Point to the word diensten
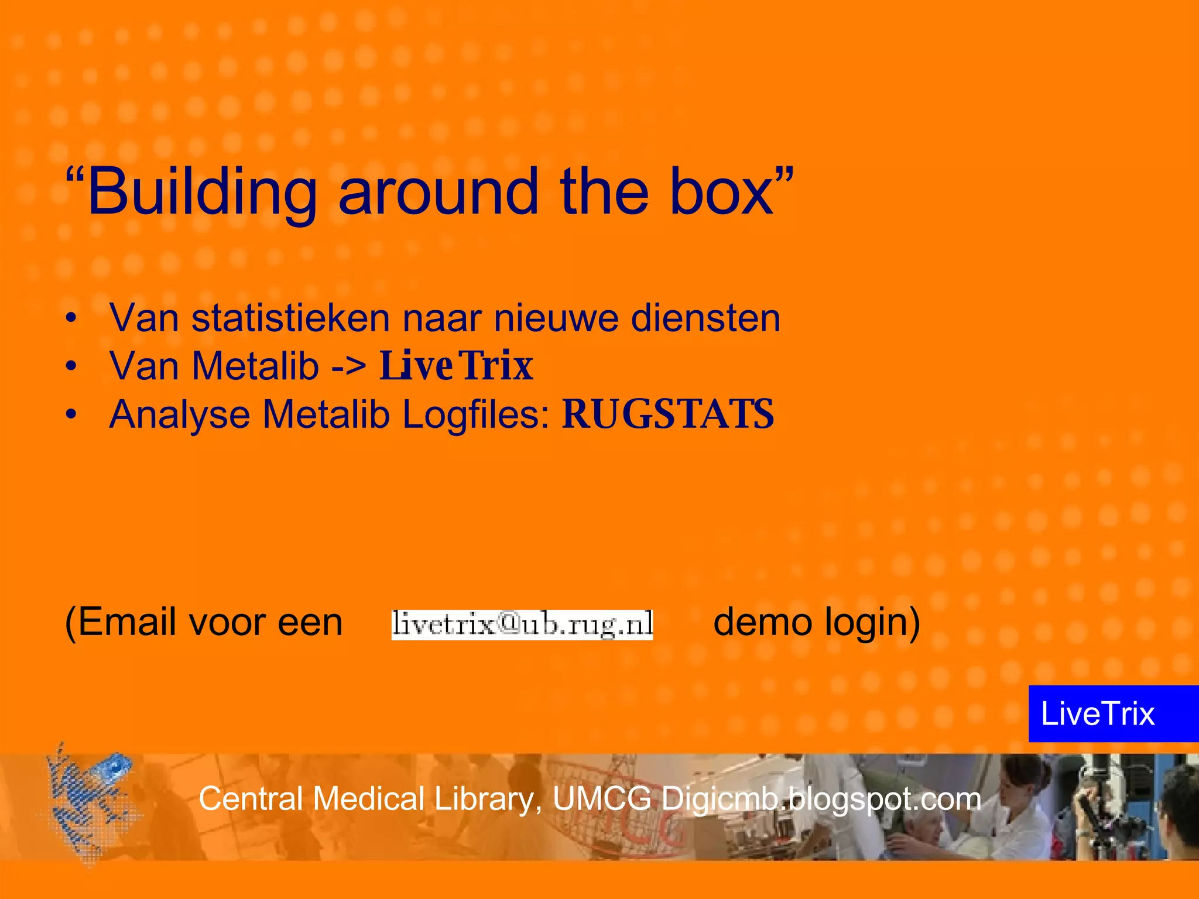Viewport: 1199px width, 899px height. click(705, 319)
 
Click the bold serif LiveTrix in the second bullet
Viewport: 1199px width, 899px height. click(457, 367)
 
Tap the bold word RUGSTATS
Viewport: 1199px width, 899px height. click(668, 415)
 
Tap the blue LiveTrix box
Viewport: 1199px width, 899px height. click(1112, 713)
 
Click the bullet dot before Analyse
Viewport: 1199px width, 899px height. click(71, 415)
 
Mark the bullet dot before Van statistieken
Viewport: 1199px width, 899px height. click(71, 319)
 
